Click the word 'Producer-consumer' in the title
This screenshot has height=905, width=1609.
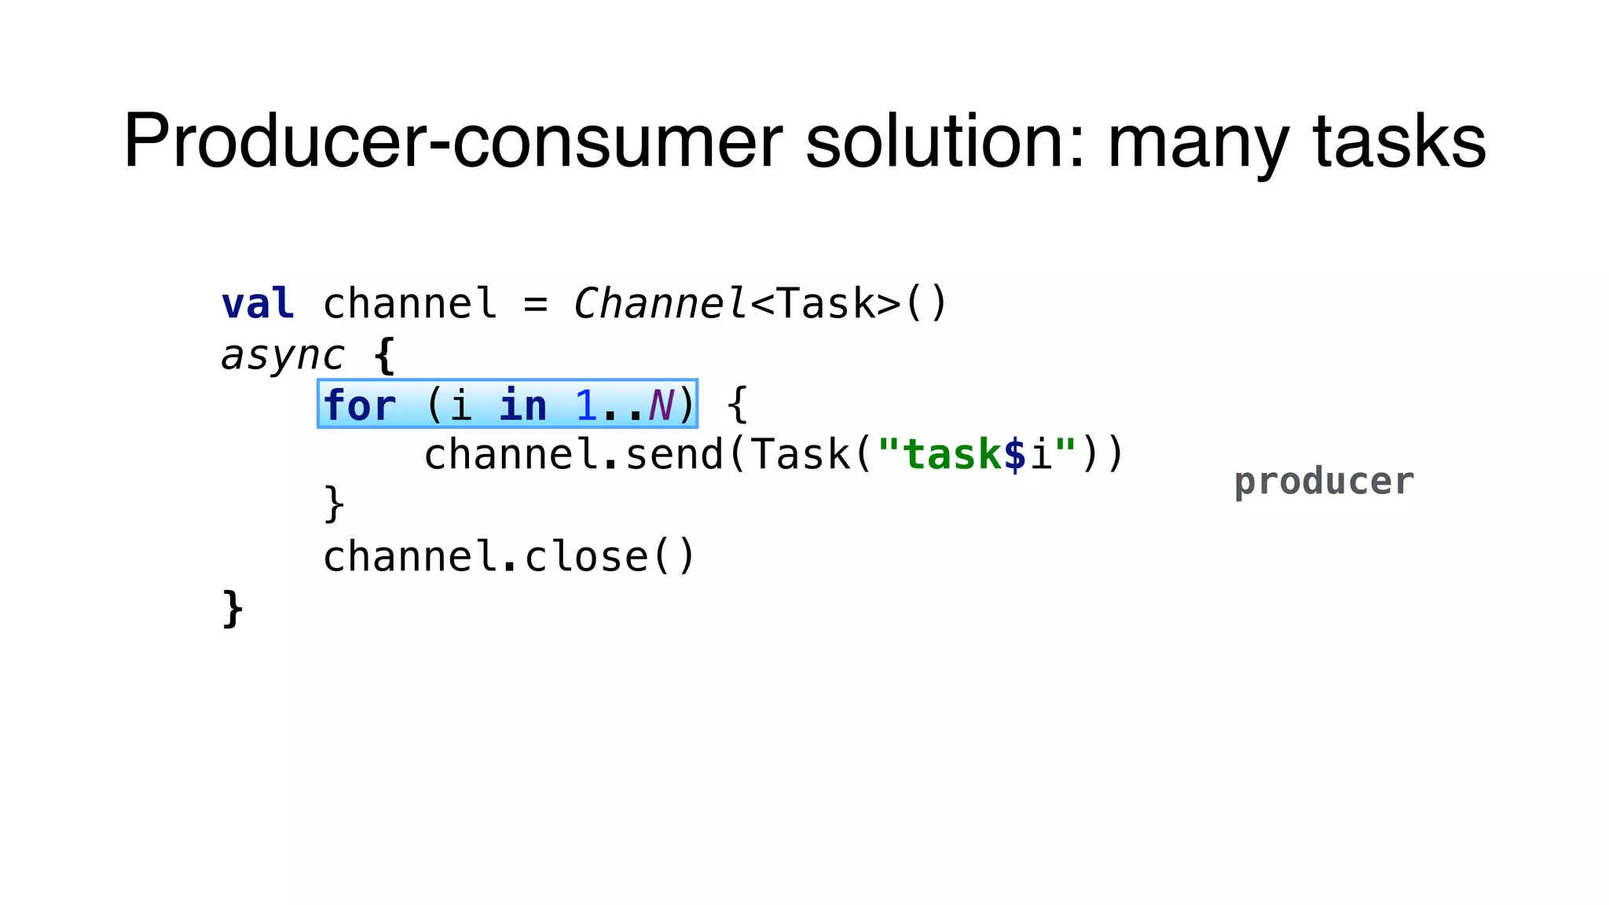tap(453, 141)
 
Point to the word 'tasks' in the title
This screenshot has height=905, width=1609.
tap(1399, 141)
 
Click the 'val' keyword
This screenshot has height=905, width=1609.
tap(258, 304)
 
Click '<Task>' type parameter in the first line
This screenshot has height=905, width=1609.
tap(826, 304)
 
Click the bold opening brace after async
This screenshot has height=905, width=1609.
tap(384, 356)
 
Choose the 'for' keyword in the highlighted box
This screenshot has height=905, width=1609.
tap(359, 405)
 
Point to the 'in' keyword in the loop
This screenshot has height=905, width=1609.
tap(522, 405)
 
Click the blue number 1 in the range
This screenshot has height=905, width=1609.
tap(586, 405)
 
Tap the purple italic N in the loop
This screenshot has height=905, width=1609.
tap(661, 405)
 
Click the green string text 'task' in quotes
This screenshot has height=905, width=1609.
tap(952, 455)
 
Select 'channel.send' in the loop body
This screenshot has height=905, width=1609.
tap(574, 455)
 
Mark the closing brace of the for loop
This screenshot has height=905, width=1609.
tap(334, 504)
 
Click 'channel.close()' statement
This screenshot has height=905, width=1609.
tap(509, 557)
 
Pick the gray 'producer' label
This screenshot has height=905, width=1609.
tap(1324, 482)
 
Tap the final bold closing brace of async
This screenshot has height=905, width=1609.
tap(233, 608)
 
